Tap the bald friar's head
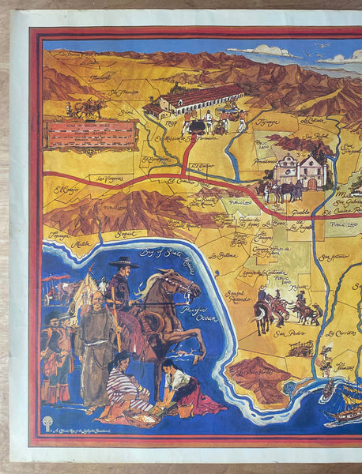(x=96, y=299)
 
